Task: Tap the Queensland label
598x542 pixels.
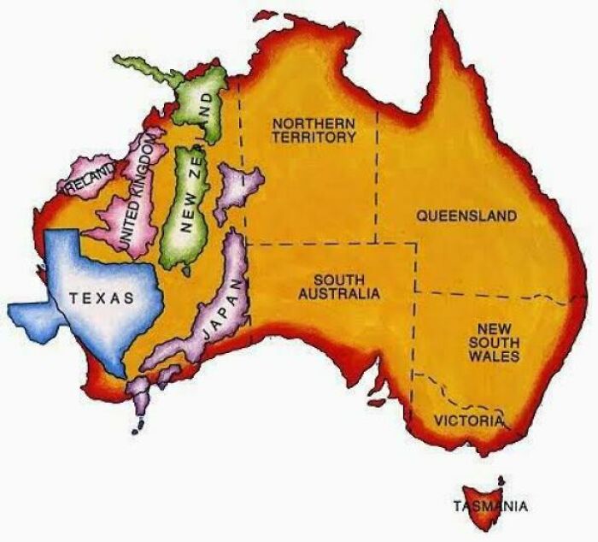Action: (466, 216)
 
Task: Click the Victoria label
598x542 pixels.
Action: (467, 421)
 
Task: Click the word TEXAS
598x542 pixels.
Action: (102, 298)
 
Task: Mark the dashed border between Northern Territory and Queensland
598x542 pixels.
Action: (377, 171)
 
